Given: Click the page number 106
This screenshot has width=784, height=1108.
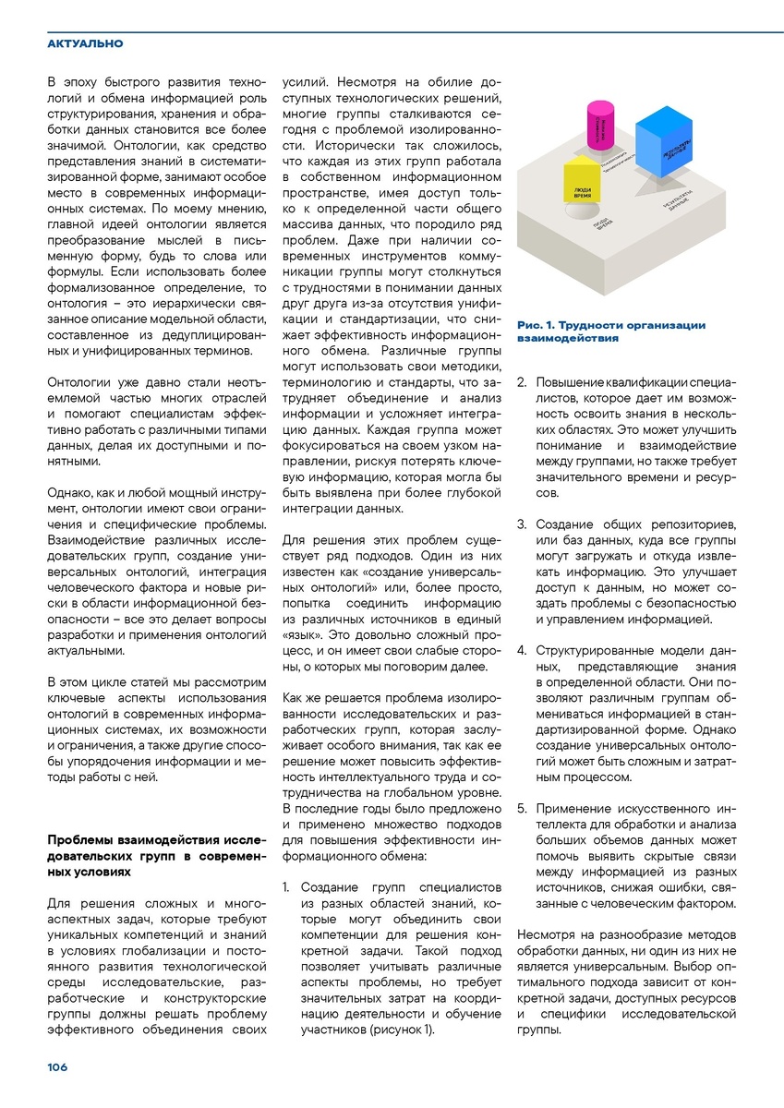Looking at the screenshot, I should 58,1066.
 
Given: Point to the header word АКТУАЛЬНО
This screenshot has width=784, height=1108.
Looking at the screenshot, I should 85,43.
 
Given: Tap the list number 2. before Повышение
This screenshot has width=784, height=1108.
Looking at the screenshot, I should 522,381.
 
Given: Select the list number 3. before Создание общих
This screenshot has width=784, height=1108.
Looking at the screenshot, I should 522,524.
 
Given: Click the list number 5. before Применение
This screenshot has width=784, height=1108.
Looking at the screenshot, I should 522,808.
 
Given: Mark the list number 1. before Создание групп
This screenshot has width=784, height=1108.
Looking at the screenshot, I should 287,887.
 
